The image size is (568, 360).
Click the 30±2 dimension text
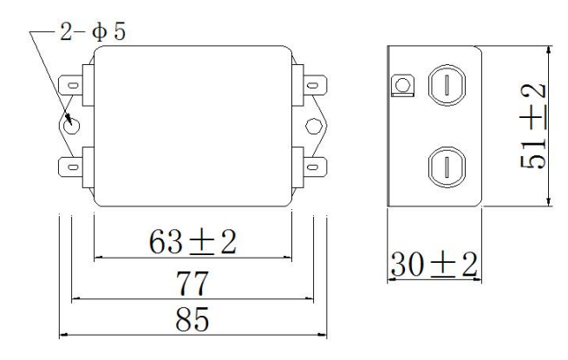click(434, 263)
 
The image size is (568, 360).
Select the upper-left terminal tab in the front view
click(73, 86)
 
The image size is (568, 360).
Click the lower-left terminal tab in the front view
click(73, 164)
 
